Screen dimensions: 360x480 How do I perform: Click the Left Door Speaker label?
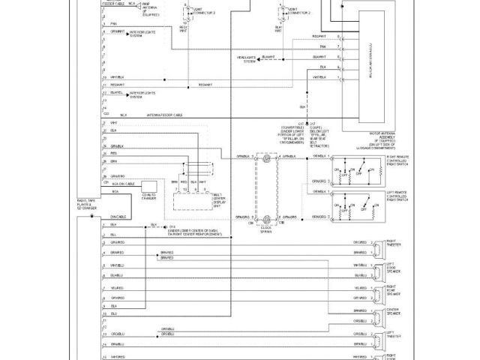click(394, 268)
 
